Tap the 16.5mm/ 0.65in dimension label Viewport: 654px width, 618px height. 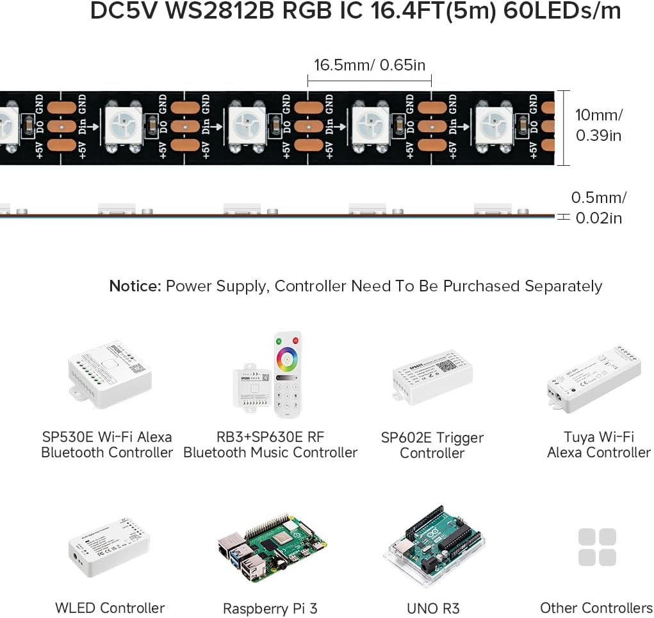(369, 65)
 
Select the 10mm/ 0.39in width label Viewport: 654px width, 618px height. (598, 126)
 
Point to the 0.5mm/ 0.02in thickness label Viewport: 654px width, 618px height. (598, 207)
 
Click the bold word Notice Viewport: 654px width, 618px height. (135, 286)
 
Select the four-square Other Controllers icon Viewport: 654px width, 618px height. (596, 547)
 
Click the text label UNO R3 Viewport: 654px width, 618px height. (433, 608)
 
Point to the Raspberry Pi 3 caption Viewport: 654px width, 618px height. (270, 608)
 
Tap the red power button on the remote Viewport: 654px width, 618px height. (295, 339)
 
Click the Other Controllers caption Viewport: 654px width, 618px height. (596, 608)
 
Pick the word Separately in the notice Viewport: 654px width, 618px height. (563, 286)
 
